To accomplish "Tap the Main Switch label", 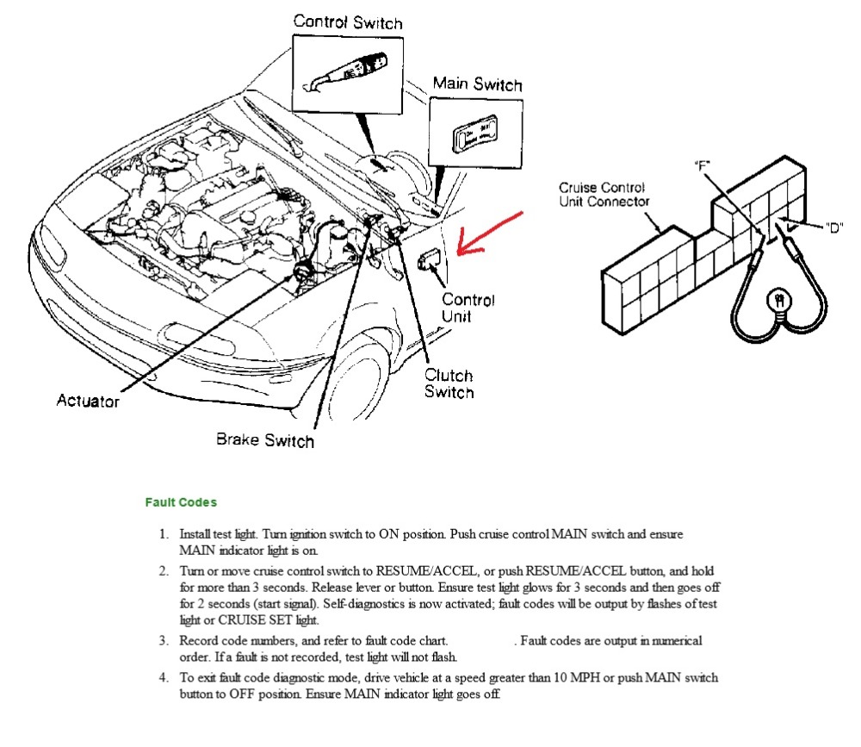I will click(477, 84).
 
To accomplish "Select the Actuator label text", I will click(88, 401).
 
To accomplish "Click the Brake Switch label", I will click(264, 440).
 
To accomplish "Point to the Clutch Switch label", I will click(449, 383).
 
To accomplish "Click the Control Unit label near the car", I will click(468, 308).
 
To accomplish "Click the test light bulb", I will click(779, 302).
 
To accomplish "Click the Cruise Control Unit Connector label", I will click(604, 194).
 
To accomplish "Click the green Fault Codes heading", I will click(181, 502).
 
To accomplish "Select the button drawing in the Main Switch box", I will click(476, 134).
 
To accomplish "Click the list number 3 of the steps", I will click(164, 640).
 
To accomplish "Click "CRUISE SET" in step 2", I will click(255, 619).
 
